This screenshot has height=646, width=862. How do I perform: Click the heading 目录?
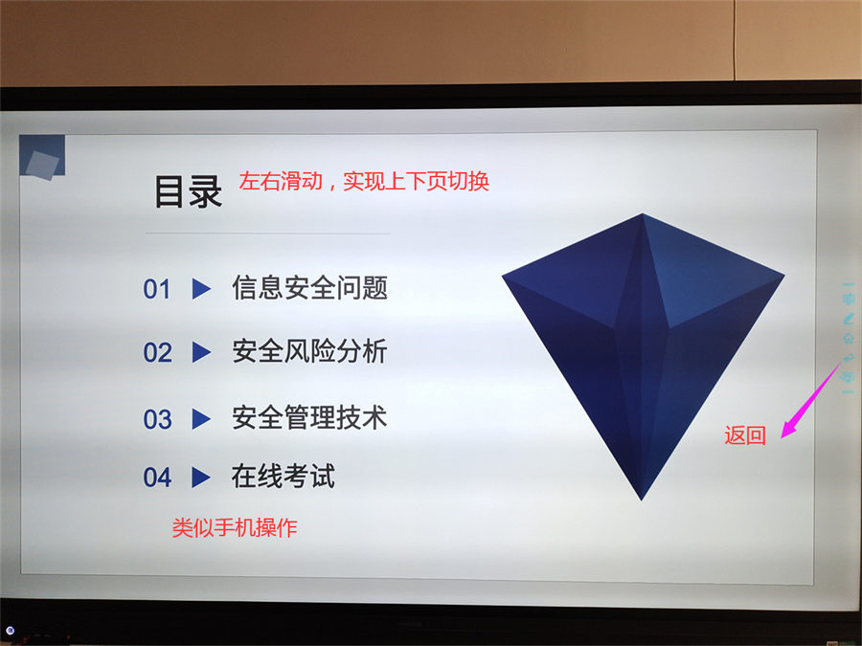(188, 191)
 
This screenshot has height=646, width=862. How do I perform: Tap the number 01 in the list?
(157, 289)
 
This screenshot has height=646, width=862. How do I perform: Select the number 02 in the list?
(158, 352)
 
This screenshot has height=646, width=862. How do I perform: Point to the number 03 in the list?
(158, 420)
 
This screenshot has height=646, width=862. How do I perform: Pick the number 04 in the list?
(158, 478)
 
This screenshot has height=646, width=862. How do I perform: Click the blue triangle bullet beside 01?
(201, 289)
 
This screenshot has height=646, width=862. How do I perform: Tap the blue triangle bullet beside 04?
(201, 478)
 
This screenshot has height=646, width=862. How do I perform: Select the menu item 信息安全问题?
(310, 288)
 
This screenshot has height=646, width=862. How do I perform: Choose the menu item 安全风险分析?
(310, 351)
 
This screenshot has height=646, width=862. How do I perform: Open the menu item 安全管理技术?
(310, 417)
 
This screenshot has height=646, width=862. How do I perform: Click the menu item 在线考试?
(284, 477)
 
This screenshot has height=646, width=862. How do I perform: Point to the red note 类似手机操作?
(235, 528)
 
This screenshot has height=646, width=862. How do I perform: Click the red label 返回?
(745, 435)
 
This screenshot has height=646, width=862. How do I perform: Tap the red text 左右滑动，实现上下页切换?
(364, 181)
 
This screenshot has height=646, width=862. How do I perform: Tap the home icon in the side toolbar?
(849, 339)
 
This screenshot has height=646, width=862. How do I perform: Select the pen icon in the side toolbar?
(849, 319)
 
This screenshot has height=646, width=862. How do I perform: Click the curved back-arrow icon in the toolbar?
(849, 358)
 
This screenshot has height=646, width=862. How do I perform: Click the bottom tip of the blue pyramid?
(641, 500)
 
